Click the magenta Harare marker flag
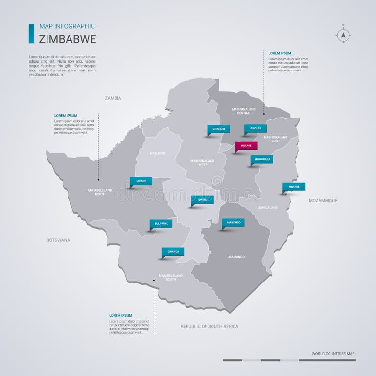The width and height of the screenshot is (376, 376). (x=246, y=145)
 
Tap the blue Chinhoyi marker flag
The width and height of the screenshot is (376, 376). (x=218, y=129)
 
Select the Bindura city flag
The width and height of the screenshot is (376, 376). (x=256, y=129)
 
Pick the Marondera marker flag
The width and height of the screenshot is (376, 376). (x=261, y=159)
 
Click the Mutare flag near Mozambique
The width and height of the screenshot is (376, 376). (x=294, y=187)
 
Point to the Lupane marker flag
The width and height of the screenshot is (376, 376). (x=141, y=181)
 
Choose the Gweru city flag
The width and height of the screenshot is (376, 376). (x=202, y=200)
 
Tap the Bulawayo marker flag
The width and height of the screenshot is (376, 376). (x=161, y=224)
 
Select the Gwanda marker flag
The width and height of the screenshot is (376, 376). (x=173, y=252)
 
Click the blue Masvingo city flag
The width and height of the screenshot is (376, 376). (x=233, y=222)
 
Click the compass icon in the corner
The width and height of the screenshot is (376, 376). (x=343, y=34)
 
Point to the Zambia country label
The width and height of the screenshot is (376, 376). (x=113, y=98)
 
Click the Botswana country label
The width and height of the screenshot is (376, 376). (x=58, y=240)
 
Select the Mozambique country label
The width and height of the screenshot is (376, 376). (x=323, y=201)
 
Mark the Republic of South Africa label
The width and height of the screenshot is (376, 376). (x=209, y=326)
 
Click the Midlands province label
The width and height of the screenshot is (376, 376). (x=158, y=153)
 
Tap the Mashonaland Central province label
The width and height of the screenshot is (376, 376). (x=244, y=111)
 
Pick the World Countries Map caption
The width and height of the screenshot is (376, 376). (x=333, y=353)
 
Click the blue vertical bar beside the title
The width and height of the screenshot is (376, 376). (x=31, y=33)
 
